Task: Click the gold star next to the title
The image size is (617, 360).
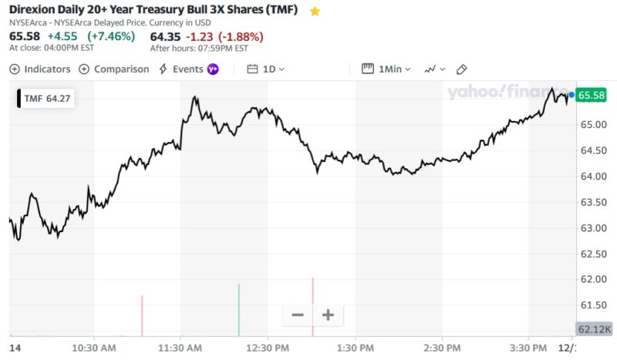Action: click(x=315, y=12)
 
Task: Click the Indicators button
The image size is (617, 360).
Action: click(x=40, y=69)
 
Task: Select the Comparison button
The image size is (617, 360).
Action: click(x=113, y=69)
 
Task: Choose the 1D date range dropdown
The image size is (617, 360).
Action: click(x=266, y=69)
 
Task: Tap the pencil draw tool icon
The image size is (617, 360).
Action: click(x=462, y=69)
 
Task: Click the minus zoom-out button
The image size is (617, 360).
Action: click(x=298, y=315)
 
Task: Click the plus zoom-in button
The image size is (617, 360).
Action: click(x=328, y=315)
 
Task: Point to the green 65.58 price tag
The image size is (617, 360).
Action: click(x=592, y=95)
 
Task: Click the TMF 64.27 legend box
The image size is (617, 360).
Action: click(x=46, y=99)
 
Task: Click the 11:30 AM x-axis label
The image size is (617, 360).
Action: click(x=180, y=348)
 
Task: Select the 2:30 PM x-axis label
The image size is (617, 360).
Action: click(x=443, y=348)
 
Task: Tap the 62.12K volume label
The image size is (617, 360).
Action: click(x=594, y=329)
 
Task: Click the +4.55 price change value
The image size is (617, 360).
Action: click(x=62, y=36)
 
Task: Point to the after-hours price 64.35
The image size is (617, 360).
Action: click(x=165, y=36)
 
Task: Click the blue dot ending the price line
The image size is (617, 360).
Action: click(x=571, y=95)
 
